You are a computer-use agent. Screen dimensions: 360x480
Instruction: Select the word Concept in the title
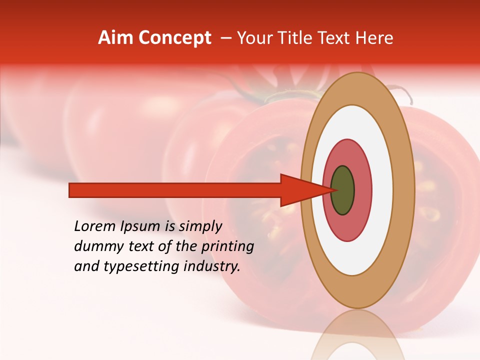pos(174,38)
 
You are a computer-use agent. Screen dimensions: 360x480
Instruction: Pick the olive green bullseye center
pos(342,190)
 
